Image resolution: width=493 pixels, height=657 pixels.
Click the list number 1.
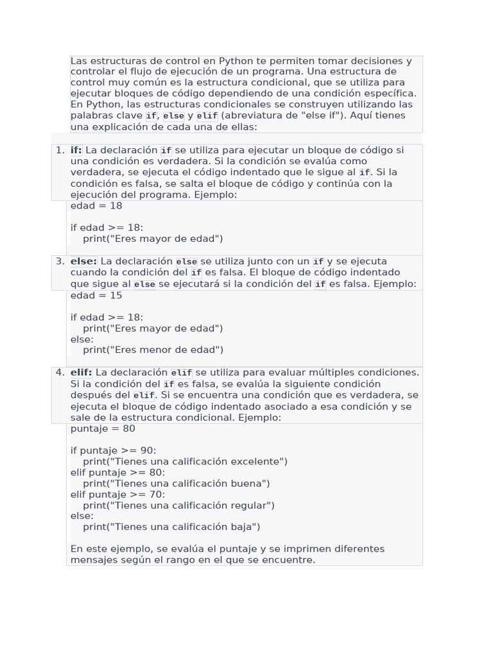tap(60, 150)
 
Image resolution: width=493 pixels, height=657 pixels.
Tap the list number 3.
tap(60, 261)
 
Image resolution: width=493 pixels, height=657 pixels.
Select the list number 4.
tap(60, 372)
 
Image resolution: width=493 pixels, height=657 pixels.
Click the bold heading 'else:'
tap(83, 261)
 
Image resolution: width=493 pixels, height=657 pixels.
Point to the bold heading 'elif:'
tap(82, 372)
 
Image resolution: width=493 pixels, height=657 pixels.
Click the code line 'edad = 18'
tap(96, 206)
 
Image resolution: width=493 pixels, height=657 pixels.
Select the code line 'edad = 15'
tap(96, 296)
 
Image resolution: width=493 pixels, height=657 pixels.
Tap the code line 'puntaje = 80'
tap(103, 429)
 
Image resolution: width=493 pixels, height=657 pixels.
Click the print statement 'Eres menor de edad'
tap(153, 350)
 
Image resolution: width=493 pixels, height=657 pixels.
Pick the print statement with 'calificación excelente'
tap(185, 461)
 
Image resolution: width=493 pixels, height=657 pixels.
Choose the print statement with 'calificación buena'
tap(176, 484)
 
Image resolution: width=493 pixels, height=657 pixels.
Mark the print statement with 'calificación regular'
tap(178, 506)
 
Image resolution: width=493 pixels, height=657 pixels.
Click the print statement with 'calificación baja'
tap(171, 527)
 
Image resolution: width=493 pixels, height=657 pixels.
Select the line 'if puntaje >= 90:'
tap(113, 450)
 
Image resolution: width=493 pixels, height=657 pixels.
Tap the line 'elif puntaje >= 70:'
tap(117, 495)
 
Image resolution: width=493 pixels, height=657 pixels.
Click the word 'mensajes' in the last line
tap(94, 560)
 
